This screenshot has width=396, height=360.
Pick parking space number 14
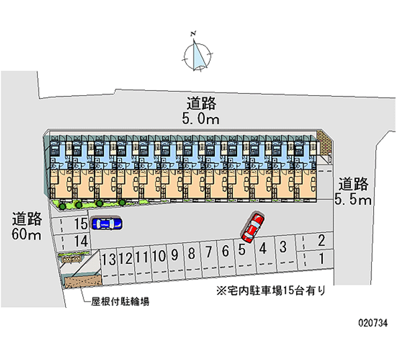[71, 242]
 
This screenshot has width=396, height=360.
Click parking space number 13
[109, 267]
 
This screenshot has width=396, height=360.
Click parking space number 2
[315, 241]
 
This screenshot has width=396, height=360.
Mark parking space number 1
[316, 259]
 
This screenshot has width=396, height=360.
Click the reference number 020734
[373, 323]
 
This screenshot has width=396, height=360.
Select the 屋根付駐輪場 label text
[120, 302]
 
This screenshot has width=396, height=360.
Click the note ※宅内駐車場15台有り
[271, 291]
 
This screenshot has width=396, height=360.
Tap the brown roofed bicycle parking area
[83, 281]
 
